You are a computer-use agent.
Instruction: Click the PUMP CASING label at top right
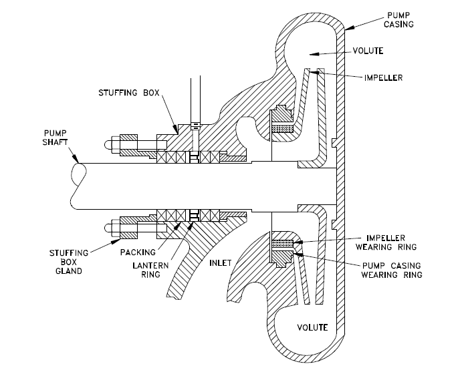click(x=398, y=18)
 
